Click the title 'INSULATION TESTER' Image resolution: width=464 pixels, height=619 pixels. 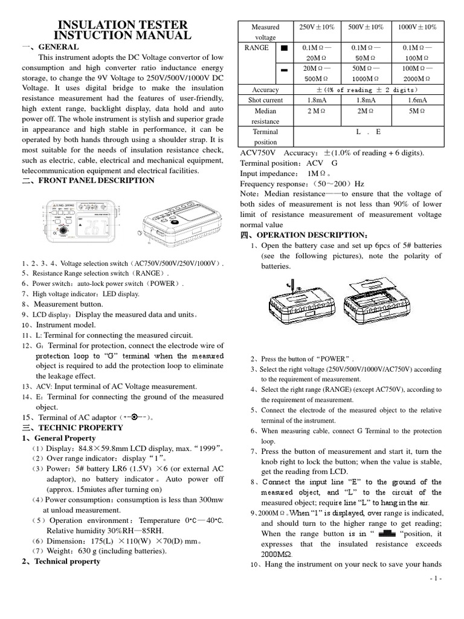pyautogui.click(x=122, y=25)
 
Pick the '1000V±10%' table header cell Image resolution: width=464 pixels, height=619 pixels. pyautogui.click(x=417, y=27)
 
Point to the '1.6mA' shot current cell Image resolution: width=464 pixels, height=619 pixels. pyautogui.click(x=417, y=100)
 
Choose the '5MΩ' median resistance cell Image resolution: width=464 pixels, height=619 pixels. pyautogui.click(x=417, y=111)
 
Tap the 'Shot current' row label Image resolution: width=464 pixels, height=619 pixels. pyautogui.click(x=265, y=100)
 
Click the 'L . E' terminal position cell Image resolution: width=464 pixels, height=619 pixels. pyautogui.click(x=368, y=131)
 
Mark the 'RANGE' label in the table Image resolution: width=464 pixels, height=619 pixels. pyautogui.click(x=257, y=48)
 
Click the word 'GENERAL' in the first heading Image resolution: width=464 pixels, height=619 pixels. pyautogui.click(x=59, y=47)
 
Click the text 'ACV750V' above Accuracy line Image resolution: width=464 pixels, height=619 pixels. pyautogui.click(x=260, y=152)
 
